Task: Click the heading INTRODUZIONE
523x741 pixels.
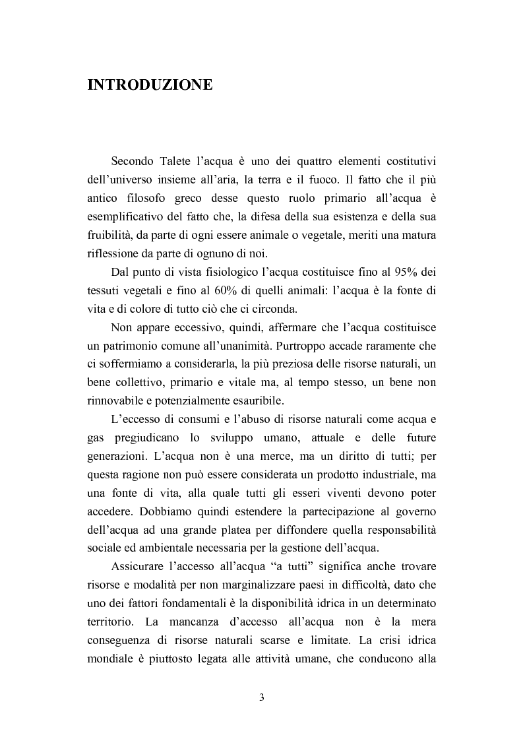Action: coord(150,85)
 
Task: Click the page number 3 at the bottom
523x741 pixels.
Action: coord(261,698)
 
